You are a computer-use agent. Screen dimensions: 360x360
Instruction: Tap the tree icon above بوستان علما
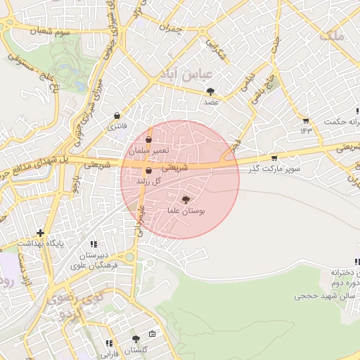[186, 200]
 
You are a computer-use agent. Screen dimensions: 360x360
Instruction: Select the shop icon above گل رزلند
[148, 171]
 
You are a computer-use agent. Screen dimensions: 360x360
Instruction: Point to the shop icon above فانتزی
[116, 116]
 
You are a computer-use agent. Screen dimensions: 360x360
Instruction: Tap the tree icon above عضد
[211, 91]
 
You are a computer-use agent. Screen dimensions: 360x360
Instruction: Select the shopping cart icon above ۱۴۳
[305, 120]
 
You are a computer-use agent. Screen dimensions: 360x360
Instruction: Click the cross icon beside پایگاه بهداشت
[41, 233]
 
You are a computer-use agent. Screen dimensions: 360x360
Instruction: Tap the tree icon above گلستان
[136, 340]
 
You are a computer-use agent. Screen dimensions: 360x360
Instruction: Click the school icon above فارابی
[109, 344]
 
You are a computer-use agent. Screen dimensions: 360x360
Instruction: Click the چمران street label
[170, 30]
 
